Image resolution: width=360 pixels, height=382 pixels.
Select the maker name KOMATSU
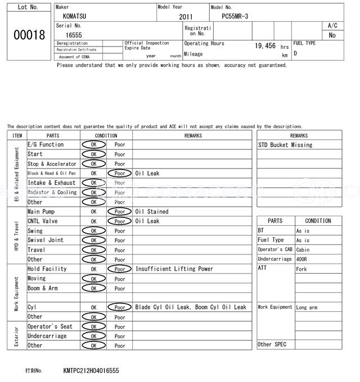[x=75, y=16]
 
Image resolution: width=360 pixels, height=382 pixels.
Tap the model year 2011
[x=186, y=17]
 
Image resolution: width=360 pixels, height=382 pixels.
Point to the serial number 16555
[x=74, y=35]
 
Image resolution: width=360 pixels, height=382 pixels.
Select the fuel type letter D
[x=295, y=54]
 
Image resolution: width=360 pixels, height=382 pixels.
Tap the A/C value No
[x=332, y=35]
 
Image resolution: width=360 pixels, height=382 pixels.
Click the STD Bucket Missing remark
[x=285, y=145]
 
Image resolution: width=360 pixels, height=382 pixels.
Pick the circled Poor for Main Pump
[x=119, y=212]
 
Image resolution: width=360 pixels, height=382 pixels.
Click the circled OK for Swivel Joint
[x=93, y=240]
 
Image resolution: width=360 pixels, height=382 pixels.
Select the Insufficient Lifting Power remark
[x=174, y=269]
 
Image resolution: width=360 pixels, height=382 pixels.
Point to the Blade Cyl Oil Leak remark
[x=163, y=307]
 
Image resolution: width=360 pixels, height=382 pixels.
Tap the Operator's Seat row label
[x=50, y=326]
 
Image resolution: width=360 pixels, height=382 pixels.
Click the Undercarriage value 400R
[x=303, y=259]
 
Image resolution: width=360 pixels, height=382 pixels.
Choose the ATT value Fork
[x=301, y=269]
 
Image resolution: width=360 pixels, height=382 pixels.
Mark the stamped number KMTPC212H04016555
[x=91, y=371]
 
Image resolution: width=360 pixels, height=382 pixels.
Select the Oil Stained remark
[x=151, y=212]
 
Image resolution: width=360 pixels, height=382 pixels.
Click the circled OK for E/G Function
[x=93, y=145]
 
